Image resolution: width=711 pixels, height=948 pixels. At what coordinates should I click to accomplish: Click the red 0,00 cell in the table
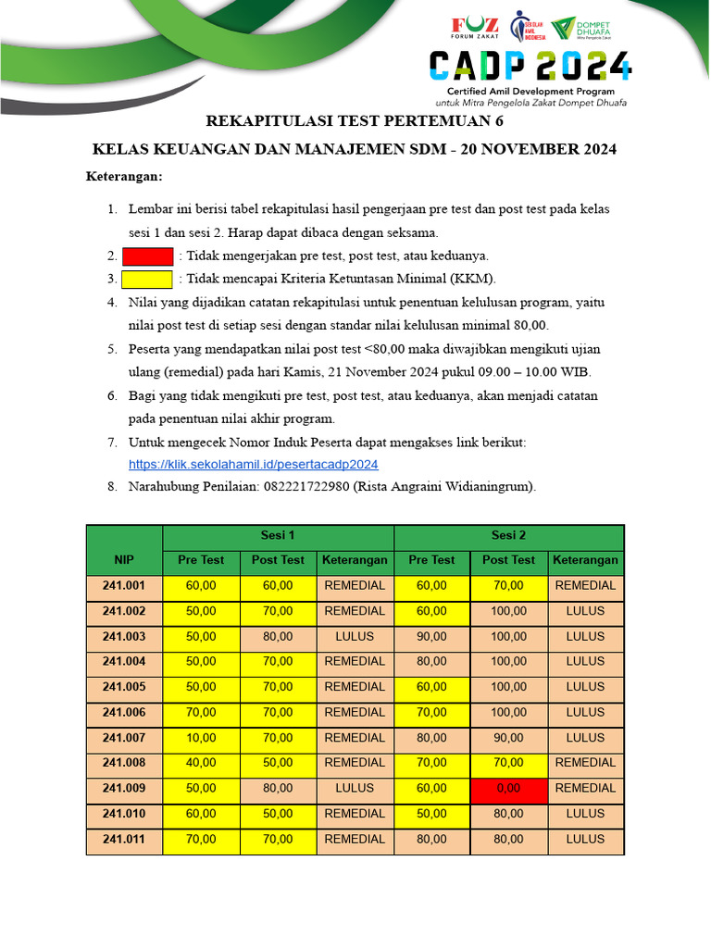(x=508, y=788)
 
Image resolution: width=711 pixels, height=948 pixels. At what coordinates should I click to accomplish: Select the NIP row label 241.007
(x=124, y=737)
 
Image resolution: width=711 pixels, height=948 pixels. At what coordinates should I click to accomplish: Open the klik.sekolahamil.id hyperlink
(x=253, y=464)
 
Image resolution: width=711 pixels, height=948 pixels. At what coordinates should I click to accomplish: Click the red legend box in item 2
(x=148, y=256)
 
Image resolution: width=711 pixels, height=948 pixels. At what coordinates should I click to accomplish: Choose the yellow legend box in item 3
(x=148, y=279)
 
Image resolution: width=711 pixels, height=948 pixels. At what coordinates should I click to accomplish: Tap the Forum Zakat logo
(x=474, y=27)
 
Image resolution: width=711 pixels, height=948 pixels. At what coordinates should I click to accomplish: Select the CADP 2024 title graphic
(x=530, y=67)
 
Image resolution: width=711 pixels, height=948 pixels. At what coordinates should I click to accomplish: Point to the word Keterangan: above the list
(x=124, y=176)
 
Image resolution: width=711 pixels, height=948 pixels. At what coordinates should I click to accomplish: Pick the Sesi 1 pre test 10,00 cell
(x=201, y=737)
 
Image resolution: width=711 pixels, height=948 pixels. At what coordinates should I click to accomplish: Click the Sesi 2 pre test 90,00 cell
(x=432, y=636)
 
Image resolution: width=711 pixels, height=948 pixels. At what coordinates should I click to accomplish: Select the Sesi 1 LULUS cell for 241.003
(x=355, y=636)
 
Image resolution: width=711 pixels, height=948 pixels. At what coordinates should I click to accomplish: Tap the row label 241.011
(x=124, y=839)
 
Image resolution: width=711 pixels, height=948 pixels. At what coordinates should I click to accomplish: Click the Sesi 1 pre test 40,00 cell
(x=201, y=763)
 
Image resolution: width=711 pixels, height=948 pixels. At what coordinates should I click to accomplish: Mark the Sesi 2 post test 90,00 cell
(x=508, y=737)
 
